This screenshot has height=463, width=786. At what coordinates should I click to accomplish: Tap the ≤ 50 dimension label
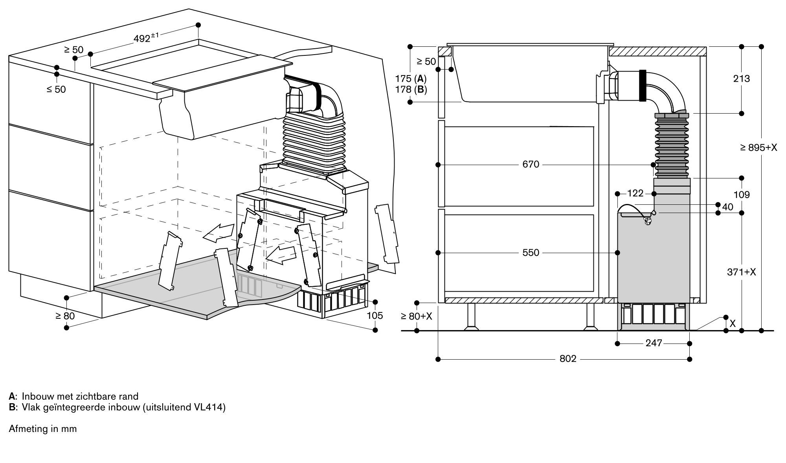[x=56, y=90]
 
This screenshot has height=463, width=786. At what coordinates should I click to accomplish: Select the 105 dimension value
[x=375, y=316]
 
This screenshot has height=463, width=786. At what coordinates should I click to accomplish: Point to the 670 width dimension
[x=531, y=164]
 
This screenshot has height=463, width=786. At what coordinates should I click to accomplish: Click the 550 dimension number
[x=531, y=253]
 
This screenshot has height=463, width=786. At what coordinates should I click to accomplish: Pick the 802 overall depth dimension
[x=567, y=359]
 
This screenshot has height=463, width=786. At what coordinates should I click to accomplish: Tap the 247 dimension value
[x=654, y=344]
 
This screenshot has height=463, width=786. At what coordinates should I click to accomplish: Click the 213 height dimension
[x=741, y=79]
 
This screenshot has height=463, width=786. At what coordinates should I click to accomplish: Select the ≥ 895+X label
[x=758, y=148]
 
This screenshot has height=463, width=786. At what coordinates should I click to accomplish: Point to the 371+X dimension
[x=741, y=272]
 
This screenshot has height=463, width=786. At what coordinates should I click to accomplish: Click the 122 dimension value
[x=635, y=193]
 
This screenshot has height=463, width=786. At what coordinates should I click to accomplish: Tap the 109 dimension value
[x=741, y=195]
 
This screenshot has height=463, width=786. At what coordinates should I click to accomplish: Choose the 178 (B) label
[x=411, y=90]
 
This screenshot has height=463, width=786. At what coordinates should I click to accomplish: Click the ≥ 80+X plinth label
[x=416, y=316]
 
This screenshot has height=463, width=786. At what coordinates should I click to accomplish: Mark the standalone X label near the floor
[x=733, y=324]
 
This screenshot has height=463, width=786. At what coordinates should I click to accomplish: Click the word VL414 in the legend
[x=209, y=407]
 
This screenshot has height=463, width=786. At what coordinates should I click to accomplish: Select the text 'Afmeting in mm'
[x=42, y=428]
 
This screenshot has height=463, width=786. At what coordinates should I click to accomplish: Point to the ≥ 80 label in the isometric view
[x=65, y=316]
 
